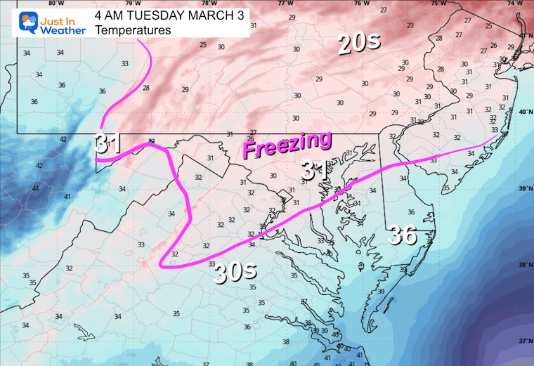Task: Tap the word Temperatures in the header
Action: (x=133, y=30)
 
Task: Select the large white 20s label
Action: (x=358, y=44)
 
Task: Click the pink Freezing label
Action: (x=287, y=145)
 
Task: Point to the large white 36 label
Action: (x=404, y=235)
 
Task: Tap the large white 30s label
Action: (x=235, y=269)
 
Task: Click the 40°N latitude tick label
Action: (x=525, y=112)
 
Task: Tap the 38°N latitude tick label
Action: (x=525, y=266)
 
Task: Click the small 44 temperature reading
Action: (x=36, y=188)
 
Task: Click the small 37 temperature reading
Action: (x=304, y=301)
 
